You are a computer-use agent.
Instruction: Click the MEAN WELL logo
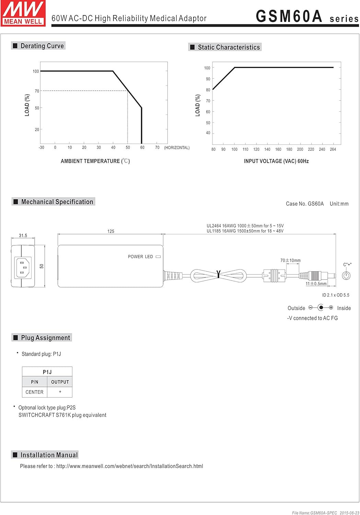pyautogui.click(x=23, y=13)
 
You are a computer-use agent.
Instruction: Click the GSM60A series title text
pyautogui.click(x=307, y=16)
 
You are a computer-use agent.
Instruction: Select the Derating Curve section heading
pyautogui.click(x=38, y=46)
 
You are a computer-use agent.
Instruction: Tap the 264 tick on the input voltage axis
pyautogui.click(x=333, y=149)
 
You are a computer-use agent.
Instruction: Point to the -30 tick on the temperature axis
pyautogui.click(x=41, y=148)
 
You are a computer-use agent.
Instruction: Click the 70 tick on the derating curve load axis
pyautogui.click(x=37, y=91)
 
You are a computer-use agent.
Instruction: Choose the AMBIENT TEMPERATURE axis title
pyautogui.click(x=95, y=161)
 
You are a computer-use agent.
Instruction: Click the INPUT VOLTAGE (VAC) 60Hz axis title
pyautogui.click(x=276, y=161)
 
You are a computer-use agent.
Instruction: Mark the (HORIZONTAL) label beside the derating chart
pyautogui.click(x=177, y=148)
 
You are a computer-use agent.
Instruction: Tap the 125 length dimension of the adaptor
pyautogui.click(x=111, y=231)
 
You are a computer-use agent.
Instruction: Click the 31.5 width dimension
pyautogui.click(x=23, y=236)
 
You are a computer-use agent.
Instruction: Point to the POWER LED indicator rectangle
pyautogui.click(x=158, y=256)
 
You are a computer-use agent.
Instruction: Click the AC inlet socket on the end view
pyautogui.click(x=23, y=267)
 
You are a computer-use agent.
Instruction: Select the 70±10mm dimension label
pyautogui.click(x=290, y=260)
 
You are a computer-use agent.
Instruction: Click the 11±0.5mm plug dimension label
pyautogui.click(x=316, y=284)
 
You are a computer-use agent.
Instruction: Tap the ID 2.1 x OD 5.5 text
pyautogui.click(x=335, y=295)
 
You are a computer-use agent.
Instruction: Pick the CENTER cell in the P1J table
pyautogui.click(x=34, y=392)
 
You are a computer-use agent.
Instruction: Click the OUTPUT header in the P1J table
pyautogui.click(x=60, y=382)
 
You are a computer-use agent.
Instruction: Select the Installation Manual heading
pyautogui.click(x=45, y=455)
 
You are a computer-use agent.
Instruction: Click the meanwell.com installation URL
pyautogui.click(x=130, y=466)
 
